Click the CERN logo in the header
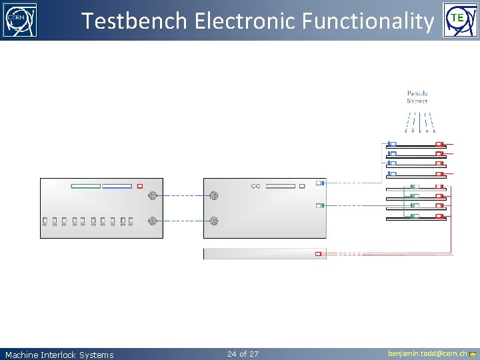tap(20, 20)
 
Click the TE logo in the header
tap(457, 20)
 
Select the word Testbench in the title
tap(134, 21)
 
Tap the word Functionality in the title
tap(367, 21)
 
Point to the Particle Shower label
tap(417, 97)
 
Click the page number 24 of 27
tap(243, 353)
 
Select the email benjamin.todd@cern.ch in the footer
tap(427, 353)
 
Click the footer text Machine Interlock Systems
tap(59, 355)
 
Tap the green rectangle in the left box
tap(85, 186)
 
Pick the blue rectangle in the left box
tap(117, 186)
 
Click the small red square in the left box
tap(140, 186)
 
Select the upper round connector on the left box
tap(152, 196)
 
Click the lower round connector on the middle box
tap(214, 220)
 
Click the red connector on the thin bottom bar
tap(319, 253)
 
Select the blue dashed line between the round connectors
tap(183, 196)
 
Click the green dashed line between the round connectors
tap(183, 220)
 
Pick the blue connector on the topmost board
tap(392, 144)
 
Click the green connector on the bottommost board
tap(414, 216)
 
